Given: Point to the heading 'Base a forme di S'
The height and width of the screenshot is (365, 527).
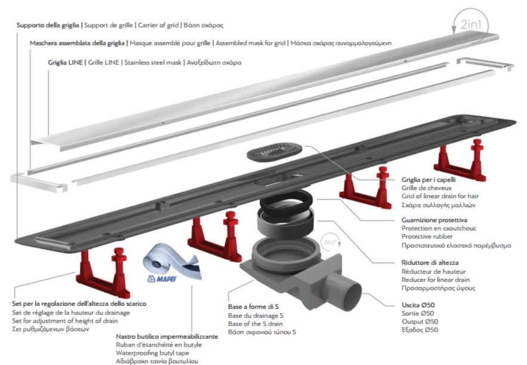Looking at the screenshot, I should (x=258, y=307).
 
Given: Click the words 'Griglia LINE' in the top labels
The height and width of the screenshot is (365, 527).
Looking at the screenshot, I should (x=66, y=62).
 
